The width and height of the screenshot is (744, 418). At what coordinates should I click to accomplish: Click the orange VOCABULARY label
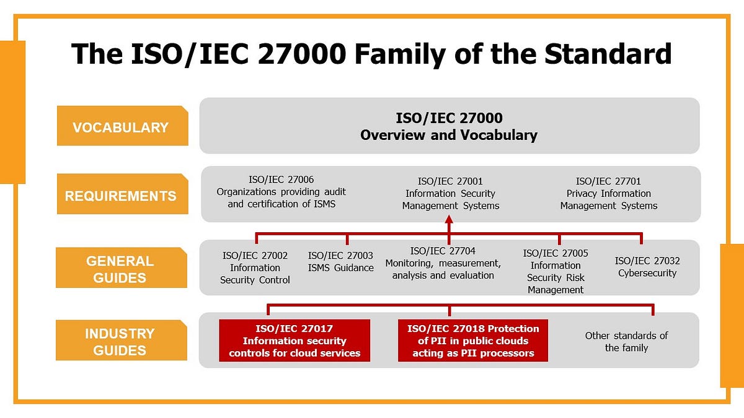[x=122, y=127]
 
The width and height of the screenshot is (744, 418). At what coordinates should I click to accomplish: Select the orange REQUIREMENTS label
[x=122, y=196]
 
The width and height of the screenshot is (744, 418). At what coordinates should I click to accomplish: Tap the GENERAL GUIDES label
[x=120, y=269]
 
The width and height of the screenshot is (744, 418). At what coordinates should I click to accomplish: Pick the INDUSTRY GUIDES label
[x=120, y=342]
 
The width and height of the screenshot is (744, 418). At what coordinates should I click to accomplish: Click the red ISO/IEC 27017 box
[x=294, y=341]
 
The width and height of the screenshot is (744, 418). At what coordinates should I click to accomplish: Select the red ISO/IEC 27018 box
[x=474, y=341]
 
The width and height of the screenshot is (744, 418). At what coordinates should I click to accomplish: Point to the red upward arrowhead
[x=449, y=220]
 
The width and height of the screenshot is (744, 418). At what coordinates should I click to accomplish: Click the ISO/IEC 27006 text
[x=281, y=192]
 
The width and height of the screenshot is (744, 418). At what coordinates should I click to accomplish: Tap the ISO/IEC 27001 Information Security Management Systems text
[x=450, y=193]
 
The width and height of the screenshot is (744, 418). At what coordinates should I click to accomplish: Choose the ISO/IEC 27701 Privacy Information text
[x=608, y=193]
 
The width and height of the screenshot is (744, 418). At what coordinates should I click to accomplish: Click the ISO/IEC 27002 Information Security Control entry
[x=255, y=268]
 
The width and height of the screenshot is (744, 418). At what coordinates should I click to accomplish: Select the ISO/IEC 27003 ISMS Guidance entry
[x=340, y=261]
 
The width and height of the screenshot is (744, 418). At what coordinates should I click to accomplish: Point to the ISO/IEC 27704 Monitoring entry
[x=443, y=263]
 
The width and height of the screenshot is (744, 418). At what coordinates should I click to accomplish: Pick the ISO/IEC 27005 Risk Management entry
[x=556, y=271]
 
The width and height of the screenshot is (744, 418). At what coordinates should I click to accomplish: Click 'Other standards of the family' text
[x=626, y=341]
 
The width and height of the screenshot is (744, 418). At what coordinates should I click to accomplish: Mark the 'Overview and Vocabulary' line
[x=449, y=135]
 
